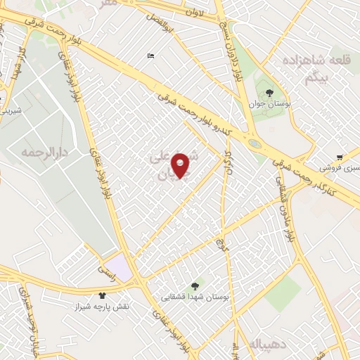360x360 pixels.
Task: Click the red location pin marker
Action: pos(181,165)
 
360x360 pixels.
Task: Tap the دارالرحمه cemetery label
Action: pos(37,152)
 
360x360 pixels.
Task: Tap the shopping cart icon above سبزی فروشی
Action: pos(340,157)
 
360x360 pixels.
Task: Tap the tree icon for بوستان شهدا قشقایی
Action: pos(195,286)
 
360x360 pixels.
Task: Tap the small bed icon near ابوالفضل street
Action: pos(150,56)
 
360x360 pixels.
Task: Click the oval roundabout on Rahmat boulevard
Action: pos(255,143)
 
